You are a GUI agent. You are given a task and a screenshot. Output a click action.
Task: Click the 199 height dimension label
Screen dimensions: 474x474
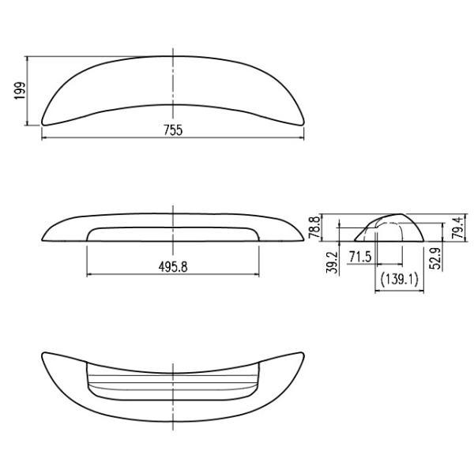point(21,90)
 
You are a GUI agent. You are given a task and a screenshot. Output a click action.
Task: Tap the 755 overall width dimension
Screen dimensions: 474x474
point(173,130)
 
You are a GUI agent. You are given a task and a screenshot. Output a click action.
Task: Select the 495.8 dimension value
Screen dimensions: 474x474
point(173,267)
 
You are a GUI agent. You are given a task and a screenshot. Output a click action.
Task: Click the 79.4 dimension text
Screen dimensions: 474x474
point(457,228)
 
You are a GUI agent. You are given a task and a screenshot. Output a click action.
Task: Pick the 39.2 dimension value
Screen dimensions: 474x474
point(332,262)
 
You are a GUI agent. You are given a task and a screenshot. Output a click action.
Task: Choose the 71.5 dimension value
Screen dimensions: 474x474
point(360,257)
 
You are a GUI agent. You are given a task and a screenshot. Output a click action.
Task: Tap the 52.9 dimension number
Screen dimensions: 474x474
point(435,258)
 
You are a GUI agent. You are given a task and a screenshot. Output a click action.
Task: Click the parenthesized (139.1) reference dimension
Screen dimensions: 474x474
point(399,279)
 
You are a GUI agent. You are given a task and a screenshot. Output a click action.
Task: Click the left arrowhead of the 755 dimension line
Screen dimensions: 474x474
point(43,137)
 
